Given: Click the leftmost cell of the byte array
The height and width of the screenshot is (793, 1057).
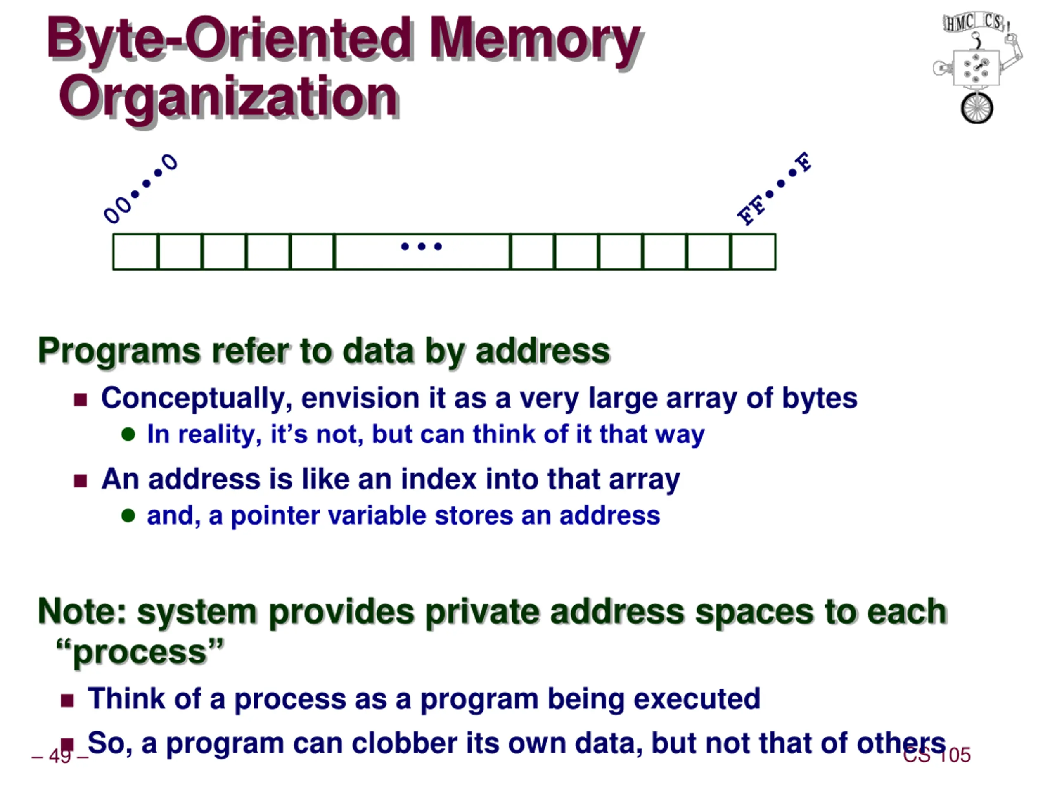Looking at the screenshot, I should pos(135,252).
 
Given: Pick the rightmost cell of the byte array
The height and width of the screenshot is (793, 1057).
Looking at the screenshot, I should pos(754,252).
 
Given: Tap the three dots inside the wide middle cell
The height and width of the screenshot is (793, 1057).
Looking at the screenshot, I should pos(422,247).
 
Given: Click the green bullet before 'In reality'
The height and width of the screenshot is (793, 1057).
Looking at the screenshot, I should pos(128,434).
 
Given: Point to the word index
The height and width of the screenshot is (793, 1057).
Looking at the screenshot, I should pos(438,479).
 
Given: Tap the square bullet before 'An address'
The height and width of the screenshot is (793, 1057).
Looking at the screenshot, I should pos(80,480).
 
